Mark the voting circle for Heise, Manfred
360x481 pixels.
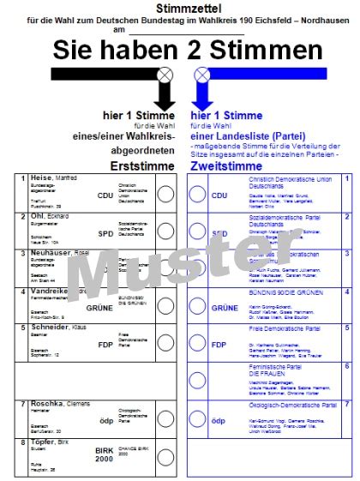pyautogui.click(x=165, y=194)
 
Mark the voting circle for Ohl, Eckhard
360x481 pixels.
pyautogui.click(x=165, y=231)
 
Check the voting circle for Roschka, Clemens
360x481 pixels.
pyautogui.click(x=165, y=418)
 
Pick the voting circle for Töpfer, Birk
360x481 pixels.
pyautogui.click(x=165, y=456)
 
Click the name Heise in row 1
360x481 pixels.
pyautogui.click(x=39, y=177)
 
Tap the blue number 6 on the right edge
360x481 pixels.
pyautogui.click(x=346, y=365)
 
